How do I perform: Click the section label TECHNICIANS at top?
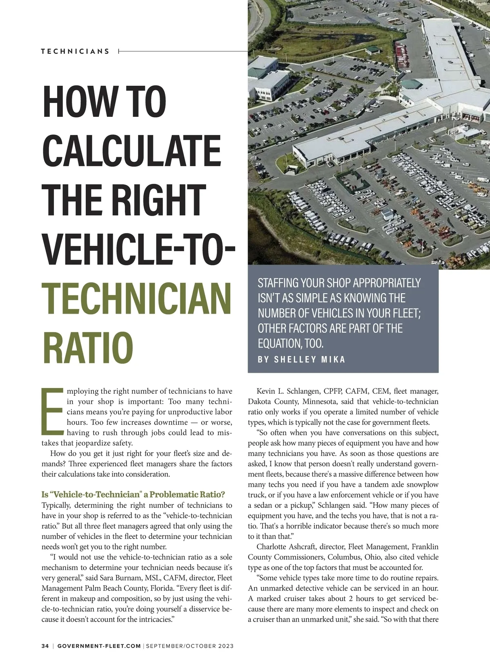click(75, 51)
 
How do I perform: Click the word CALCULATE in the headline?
click(131, 150)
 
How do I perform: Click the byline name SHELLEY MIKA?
click(310, 360)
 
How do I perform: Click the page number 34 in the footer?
click(45, 646)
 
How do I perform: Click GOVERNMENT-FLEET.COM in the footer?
click(99, 646)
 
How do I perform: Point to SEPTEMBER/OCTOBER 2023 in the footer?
click(190, 646)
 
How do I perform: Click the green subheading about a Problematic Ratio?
click(133, 495)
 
